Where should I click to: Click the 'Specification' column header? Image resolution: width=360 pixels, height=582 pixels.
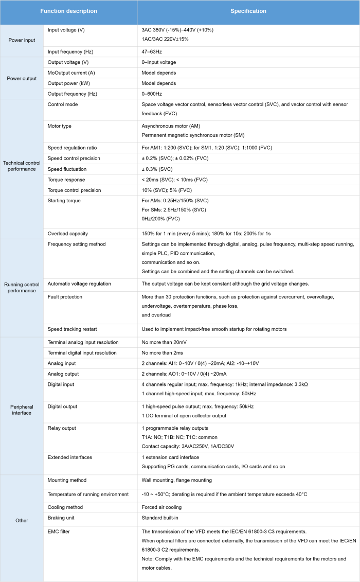[248, 11]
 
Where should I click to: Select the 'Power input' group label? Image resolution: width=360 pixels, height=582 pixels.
[22, 40]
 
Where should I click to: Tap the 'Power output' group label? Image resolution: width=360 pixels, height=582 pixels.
[22, 78]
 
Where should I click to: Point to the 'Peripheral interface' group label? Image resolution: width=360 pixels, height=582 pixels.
[22, 409]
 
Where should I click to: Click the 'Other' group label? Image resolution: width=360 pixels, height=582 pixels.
[22, 520]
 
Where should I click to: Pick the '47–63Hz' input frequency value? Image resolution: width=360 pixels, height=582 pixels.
[152, 52]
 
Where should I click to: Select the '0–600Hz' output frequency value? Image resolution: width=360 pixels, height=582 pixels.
[152, 94]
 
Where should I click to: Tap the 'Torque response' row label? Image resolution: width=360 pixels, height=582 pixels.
[66, 180]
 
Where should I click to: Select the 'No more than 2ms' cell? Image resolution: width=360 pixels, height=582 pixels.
[164, 352]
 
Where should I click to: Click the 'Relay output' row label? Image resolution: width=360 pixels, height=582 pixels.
[62, 428]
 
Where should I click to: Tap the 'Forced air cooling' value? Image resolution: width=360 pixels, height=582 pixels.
[163, 507]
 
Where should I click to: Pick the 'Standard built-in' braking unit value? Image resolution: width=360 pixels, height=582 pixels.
[161, 517]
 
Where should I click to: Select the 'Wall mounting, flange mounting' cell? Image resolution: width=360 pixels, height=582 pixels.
[176, 480]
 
